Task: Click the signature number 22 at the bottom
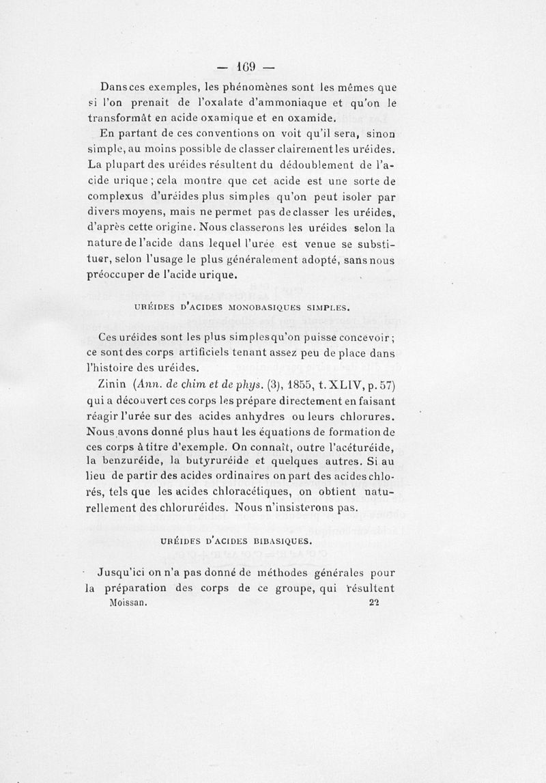pos(373,603)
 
